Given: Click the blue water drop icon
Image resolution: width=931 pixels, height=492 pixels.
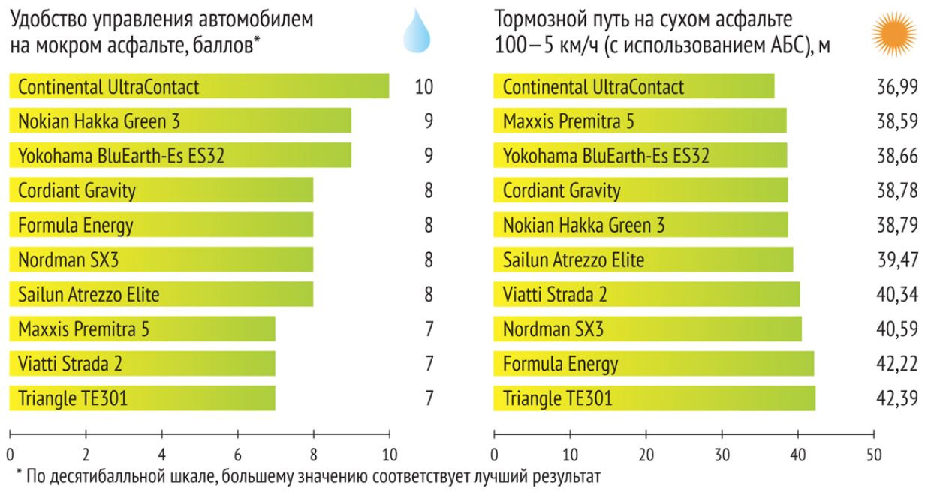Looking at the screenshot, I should [415, 33].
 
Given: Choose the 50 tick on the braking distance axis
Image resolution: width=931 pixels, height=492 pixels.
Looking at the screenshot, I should [874, 454].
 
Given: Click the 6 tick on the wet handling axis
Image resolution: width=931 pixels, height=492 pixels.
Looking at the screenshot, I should [237, 454].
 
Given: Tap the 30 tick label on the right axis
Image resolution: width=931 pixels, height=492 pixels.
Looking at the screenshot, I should [722, 454].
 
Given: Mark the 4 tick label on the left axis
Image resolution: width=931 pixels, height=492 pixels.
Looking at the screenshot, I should [161, 454].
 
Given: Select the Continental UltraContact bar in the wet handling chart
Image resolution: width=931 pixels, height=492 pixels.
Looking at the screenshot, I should [199, 86].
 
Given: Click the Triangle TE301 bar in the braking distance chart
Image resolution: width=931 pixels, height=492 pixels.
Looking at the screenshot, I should [654, 398].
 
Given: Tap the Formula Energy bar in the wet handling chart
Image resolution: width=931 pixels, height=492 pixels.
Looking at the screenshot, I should [161, 225].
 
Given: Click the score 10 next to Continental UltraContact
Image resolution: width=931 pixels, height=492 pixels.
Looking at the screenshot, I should [424, 87].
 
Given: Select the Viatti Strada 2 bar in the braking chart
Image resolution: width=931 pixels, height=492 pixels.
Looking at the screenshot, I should [646, 294].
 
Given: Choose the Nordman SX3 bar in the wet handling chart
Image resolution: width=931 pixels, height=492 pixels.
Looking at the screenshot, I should [161, 259].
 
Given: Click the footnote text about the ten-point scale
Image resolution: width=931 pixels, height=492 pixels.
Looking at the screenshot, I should [309, 477].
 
